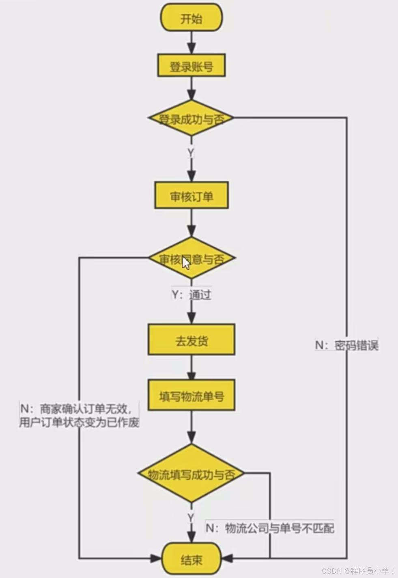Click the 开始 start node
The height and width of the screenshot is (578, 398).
click(x=191, y=18)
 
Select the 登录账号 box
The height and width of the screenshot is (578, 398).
click(x=191, y=65)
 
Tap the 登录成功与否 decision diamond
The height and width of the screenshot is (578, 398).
click(x=191, y=119)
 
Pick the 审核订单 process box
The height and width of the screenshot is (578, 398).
click(x=191, y=196)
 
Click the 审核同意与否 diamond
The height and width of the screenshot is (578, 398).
click(x=191, y=259)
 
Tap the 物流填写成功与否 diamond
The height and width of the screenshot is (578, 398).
click(x=191, y=474)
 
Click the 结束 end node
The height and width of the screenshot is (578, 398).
click(x=191, y=560)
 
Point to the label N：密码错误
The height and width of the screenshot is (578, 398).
click(x=347, y=345)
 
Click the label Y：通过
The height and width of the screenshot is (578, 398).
click(x=191, y=294)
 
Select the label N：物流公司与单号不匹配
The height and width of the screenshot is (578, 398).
click(x=270, y=528)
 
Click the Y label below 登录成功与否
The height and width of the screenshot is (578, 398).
click(x=191, y=152)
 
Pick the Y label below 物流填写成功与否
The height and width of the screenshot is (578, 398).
click(x=191, y=517)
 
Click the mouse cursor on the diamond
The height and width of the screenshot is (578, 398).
click(x=186, y=263)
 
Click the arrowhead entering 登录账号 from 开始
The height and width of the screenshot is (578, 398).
click(x=191, y=48)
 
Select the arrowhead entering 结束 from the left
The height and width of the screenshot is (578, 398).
click(x=157, y=559)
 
